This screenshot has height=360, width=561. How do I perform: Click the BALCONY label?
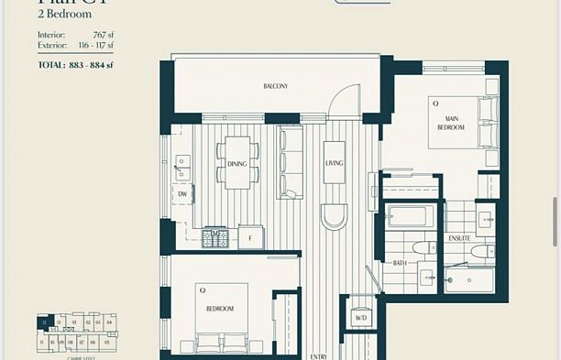275,86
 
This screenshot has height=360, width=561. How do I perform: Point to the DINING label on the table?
236,164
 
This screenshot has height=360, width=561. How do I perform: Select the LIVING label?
334,164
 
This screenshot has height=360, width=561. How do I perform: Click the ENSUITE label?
459,238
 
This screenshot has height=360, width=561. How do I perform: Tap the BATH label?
400,263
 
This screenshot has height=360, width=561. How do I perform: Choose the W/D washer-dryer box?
360,318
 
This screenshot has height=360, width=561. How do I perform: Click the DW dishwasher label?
182,194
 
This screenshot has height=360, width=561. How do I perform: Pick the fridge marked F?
250,238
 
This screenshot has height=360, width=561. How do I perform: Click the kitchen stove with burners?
216,238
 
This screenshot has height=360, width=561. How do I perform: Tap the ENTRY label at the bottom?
318,356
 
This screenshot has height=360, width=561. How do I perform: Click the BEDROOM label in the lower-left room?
219,309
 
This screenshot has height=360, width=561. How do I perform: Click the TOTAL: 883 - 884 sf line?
75,65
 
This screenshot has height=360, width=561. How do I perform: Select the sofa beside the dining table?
291,163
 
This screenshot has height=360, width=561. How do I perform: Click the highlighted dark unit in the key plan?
42,322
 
